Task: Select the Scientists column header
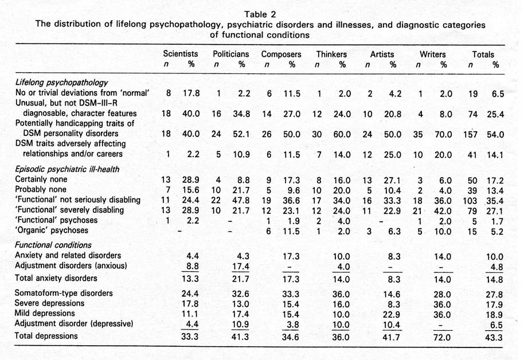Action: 181,54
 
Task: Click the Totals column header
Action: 483,54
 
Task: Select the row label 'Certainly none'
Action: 42,179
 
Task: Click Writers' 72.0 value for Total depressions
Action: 444,336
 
